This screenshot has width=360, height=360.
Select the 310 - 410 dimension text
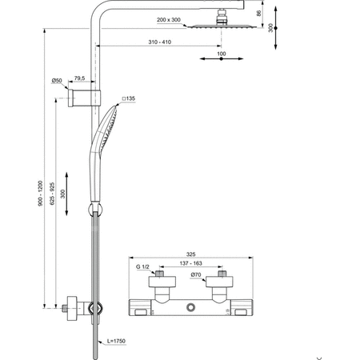click(x=158, y=42)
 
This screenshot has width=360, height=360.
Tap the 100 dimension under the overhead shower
click(x=221, y=54)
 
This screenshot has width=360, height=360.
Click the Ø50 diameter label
click(x=57, y=81)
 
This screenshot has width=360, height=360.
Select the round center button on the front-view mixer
click(x=191, y=310)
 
